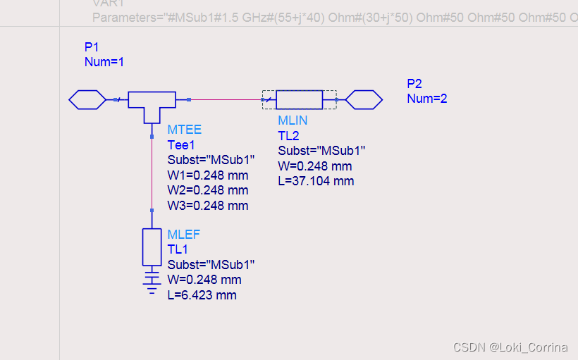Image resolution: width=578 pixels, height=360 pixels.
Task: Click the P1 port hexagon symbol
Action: coord(87,100)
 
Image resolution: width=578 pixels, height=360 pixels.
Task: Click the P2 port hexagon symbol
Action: coord(364,100)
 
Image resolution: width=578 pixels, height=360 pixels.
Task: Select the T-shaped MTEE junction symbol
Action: coord(152,103)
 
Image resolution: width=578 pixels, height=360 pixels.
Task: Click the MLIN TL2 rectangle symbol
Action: coord(299,100)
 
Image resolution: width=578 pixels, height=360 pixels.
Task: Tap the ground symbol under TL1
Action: coord(152,280)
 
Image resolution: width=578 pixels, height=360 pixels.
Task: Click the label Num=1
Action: coord(104,62)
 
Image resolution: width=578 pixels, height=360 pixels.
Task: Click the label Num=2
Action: coord(427,99)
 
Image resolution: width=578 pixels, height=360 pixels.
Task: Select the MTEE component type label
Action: coord(184,130)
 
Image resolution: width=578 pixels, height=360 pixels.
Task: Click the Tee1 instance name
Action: coord(180,145)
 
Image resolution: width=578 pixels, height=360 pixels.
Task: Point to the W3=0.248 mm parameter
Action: coord(207,206)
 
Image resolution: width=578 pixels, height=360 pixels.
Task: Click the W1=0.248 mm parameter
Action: coord(207,175)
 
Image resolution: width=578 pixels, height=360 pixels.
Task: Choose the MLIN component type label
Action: coord(293,120)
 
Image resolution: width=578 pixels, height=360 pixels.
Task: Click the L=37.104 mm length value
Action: coord(316,181)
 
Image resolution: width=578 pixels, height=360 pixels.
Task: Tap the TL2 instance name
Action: coord(289,135)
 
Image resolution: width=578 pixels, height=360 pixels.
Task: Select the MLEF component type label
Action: coord(184,235)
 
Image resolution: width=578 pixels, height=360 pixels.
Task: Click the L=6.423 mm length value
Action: coord(202,295)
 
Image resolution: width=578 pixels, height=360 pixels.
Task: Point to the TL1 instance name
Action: coord(178,249)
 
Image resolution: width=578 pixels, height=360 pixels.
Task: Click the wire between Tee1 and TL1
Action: coord(152,173)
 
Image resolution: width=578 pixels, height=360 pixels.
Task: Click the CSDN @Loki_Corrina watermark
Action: coord(510,347)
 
